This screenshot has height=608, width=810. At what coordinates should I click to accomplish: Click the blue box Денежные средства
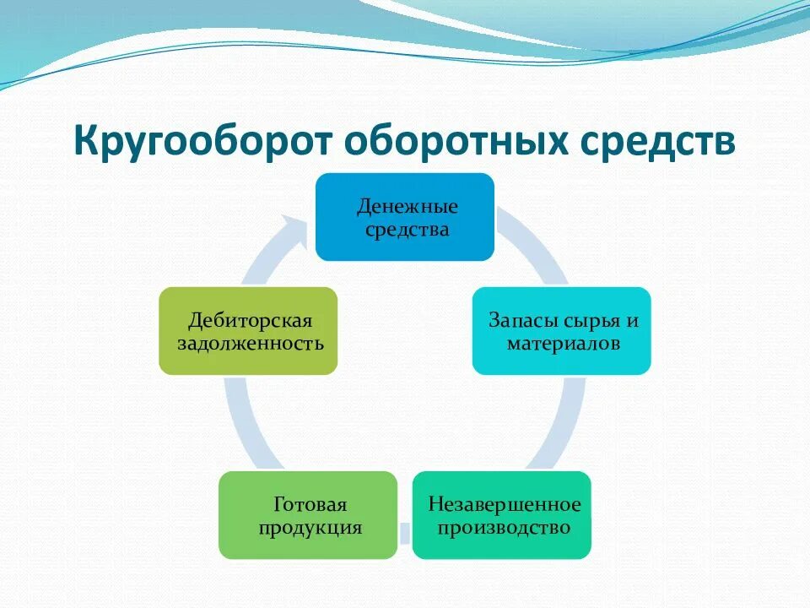pyautogui.click(x=405, y=217)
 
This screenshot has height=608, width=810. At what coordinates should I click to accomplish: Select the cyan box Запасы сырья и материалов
pyautogui.click(x=561, y=331)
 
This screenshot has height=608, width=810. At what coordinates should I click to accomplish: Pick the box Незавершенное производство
pyautogui.click(x=502, y=515)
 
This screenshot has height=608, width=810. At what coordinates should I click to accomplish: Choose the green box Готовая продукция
pyautogui.click(x=308, y=515)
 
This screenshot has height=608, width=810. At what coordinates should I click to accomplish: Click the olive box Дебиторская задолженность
pyautogui.click(x=248, y=331)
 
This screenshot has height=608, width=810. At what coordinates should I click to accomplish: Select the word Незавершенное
pyautogui.click(x=504, y=504)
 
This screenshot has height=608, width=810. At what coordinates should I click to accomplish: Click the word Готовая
pyautogui.click(x=310, y=504)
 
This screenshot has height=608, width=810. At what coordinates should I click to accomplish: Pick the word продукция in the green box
pyautogui.click(x=310, y=528)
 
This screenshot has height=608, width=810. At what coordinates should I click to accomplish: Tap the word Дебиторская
pyautogui.click(x=250, y=321)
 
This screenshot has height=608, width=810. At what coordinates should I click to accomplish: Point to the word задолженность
pyautogui.click(x=250, y=344)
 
